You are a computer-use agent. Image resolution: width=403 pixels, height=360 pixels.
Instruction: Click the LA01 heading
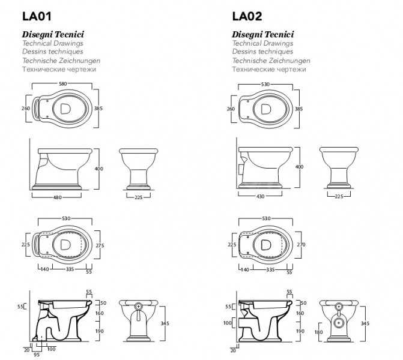coord(37,16)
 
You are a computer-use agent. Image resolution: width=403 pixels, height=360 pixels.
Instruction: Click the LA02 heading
coord(247,16)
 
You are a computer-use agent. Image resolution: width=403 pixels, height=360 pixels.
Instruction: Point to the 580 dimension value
coord(62,84)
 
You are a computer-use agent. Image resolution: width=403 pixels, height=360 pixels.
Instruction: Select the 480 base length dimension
coord(57,197)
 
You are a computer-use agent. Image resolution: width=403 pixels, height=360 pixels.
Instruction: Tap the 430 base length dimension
coord(260,196)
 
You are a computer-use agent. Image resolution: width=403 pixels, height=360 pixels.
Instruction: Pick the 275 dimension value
coord(100,245)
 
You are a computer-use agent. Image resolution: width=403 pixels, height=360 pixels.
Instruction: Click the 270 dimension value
coord(301,244)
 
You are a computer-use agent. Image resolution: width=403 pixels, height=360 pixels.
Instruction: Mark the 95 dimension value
coord(37,355)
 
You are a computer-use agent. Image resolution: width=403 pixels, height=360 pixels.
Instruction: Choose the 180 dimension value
coord(318,332)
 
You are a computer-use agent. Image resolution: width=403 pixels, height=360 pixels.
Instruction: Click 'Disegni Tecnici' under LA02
coord(262,34)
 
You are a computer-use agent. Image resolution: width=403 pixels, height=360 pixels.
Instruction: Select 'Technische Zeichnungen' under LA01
coord(61,61)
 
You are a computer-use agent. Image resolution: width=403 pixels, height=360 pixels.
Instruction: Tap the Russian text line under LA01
coord(59,70)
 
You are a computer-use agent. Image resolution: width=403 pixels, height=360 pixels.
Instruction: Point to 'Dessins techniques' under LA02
coord(262,52)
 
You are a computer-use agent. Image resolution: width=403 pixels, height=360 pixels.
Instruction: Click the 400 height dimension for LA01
coord(98,169)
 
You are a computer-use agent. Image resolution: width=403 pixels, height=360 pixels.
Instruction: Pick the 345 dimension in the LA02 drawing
coord(365,323)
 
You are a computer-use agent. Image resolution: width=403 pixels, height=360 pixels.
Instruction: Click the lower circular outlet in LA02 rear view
coord(339,323)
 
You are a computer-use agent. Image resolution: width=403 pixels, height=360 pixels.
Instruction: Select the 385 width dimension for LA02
coord(298,109)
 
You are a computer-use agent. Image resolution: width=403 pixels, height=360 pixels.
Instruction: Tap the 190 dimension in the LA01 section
coord(99,331)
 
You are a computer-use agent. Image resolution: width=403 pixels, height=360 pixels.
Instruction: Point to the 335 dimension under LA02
coord(270,269)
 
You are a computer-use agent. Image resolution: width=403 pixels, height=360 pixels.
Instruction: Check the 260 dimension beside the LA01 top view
coord(26,109)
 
